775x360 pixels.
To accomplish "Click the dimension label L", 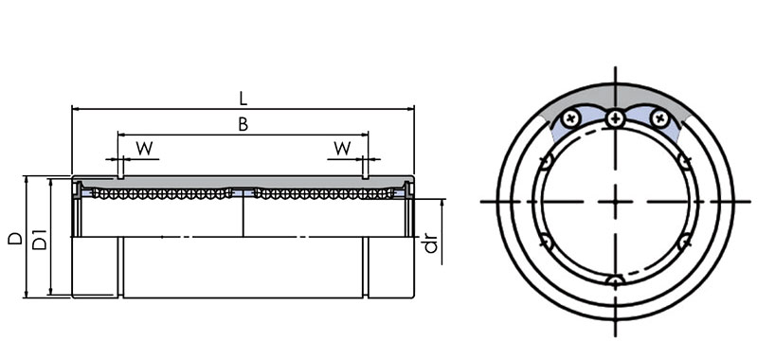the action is click(243, 99).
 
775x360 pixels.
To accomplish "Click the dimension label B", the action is click(243, 124).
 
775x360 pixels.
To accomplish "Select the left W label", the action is click(144, 148).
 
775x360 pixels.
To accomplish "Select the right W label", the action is click(342, 148).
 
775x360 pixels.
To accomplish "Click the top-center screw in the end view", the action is click(615, 118).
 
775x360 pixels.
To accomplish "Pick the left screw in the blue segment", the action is click(571, 118).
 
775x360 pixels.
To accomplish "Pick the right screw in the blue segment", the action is click(659, 118).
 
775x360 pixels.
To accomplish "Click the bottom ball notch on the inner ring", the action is click(615, 281).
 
